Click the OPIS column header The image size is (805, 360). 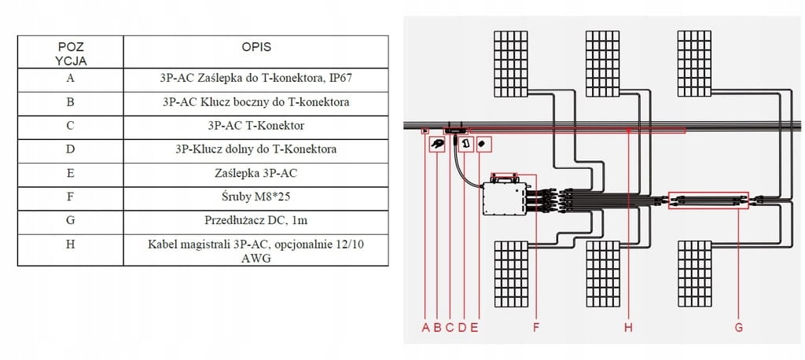[x=255, y=47]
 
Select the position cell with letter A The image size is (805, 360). [x=71, y=79]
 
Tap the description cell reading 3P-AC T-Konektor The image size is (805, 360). [x=255, y=126]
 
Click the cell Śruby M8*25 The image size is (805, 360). [x=255, y=197]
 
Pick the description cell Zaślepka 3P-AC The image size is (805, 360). [x=255, y=173]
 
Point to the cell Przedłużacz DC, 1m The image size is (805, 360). [x=255, y=220]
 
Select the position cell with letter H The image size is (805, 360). [x=71, y=250]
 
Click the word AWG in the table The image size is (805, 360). [x=255, y=257]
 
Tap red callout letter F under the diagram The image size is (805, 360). [x=536, y=328]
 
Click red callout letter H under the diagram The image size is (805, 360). [x=628, y=328]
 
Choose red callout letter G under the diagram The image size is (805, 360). [x=738, y=328]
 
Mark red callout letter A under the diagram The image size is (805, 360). [x=425, y=328]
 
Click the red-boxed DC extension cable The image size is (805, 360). [x=708, y=200]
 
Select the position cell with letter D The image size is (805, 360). [x=71, y=149]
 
